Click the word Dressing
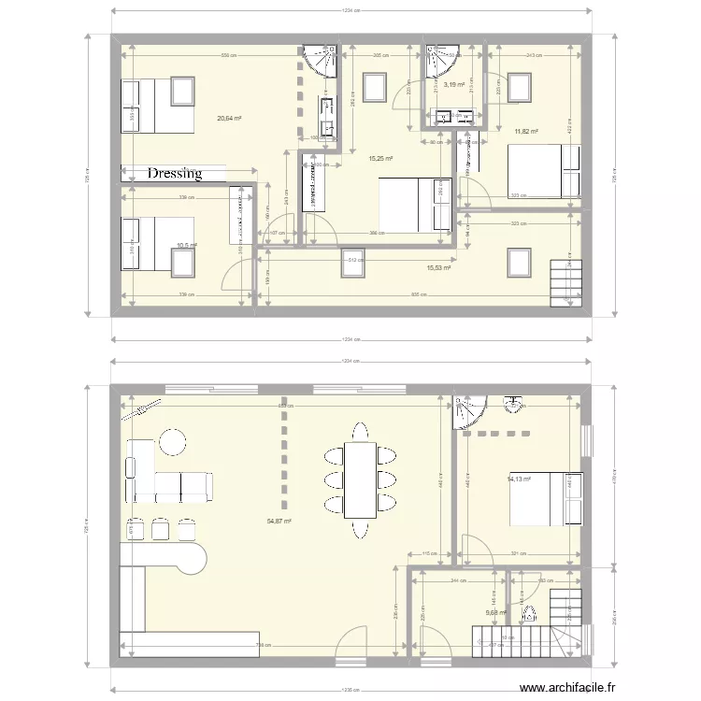click(x=174, y=174)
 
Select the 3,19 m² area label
click(x=454, y=85)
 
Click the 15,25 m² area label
click(x=380, y=159)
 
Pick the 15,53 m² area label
click(x=438, y=267)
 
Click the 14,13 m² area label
click(x=519, y=479)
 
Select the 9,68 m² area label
click(x=495, y=613)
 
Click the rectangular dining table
click(x=359, y=480)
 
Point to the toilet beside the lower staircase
click(x=529, y=614)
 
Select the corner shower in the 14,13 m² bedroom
click(x=465, y=411)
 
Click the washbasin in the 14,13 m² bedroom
click(x=513, y=405)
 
